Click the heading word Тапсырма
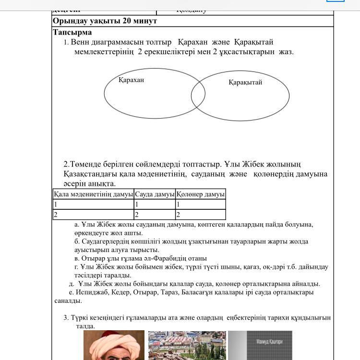(x=72, y=32)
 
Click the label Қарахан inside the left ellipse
(x=131, y=80)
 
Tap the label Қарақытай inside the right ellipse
(x=245, y=82)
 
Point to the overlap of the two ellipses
(x=198, y=96)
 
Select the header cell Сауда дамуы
(x=155, y=194)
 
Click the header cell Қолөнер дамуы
(x=200, y=194)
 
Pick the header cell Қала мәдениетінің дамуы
(x=93, y=194)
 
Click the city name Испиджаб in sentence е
(x=91, y=292)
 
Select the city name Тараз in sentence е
(x=170, y=292)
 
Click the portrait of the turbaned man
(x=114, y=346)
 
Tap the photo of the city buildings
(x=187, y=346)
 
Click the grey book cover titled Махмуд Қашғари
(x=260, y=346)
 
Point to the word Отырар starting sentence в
(x=93, y=258)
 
